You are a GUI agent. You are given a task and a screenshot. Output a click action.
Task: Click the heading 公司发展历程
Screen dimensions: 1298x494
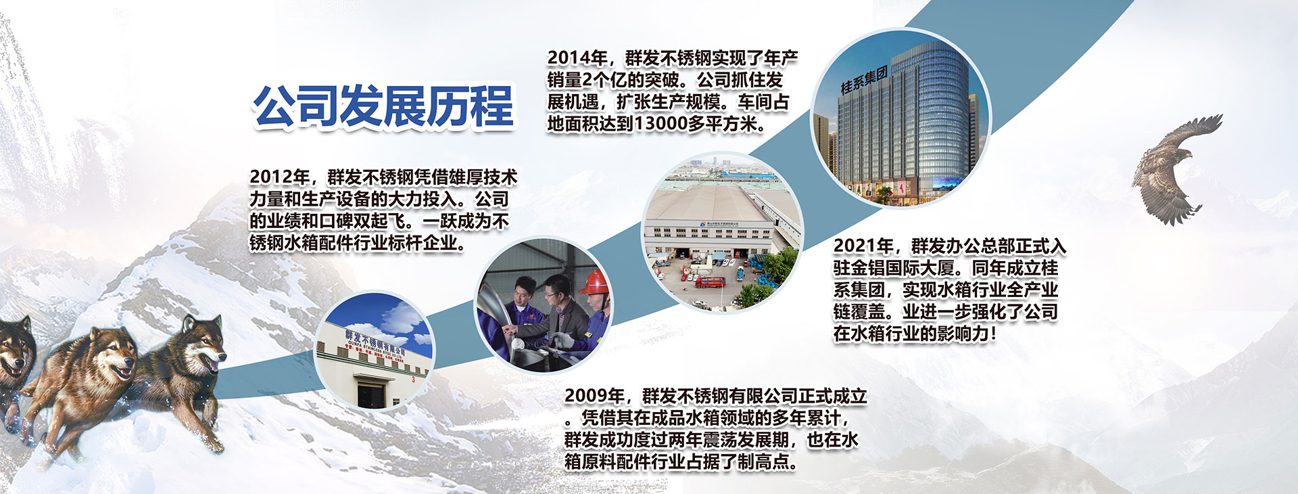[383, 106]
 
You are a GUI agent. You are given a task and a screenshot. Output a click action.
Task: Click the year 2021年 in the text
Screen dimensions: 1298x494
[863, 246]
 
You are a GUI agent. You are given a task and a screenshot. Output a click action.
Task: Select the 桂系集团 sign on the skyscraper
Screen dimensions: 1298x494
[863, 81]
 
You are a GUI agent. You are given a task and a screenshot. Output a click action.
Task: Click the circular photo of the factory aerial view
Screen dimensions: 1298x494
[721, 232]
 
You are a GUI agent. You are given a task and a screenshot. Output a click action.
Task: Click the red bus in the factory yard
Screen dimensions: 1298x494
[711, 282]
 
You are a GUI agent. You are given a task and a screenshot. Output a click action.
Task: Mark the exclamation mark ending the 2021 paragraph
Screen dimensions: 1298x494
[993, 334]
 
